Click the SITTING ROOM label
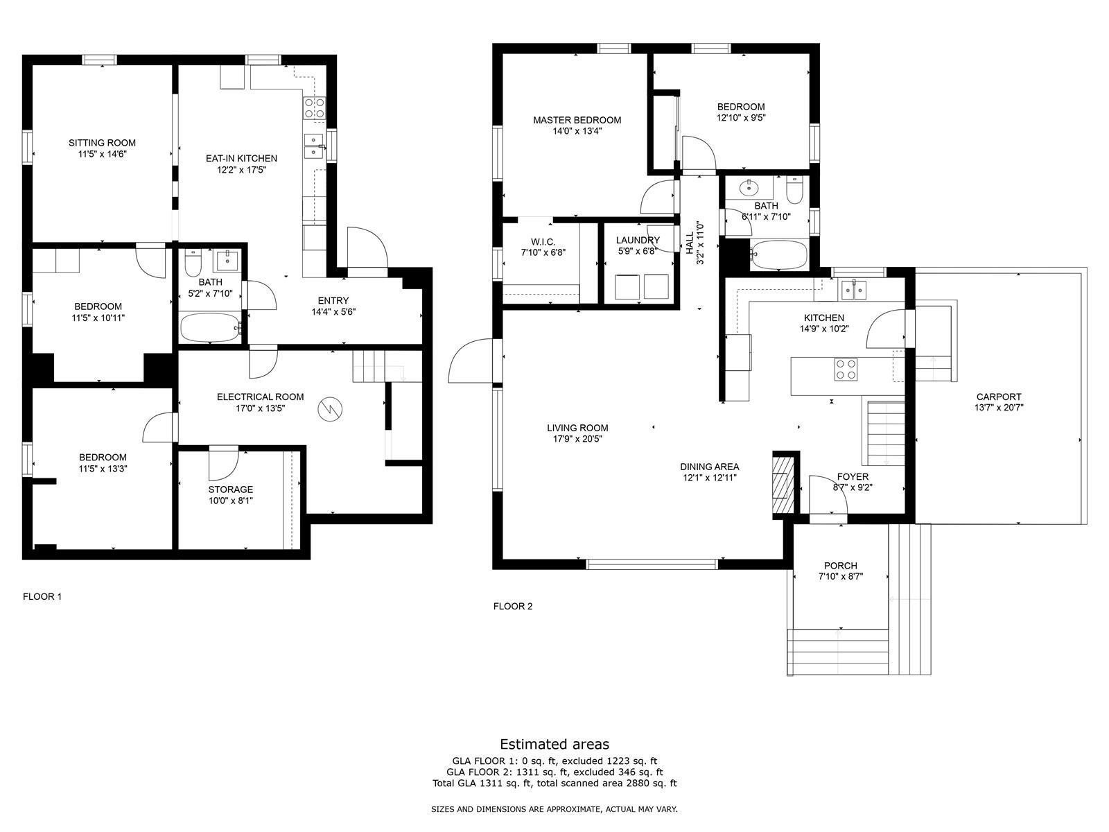click(x=102, y=143)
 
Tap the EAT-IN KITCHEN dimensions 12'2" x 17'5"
click(x=241, y=170)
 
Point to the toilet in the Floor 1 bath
click(x=193, y=261)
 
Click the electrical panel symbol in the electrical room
click(x=331, y=408)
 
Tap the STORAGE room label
click(x=231, y=489)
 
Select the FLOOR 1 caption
click(x=42, y=596)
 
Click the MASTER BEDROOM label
click(x=577, y=120)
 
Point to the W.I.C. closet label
click(x=543, y=241)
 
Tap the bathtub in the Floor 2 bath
click(x=778, y=254)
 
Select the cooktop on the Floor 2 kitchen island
click(x=846, y=369)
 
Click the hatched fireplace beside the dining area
click(x=780, y=485)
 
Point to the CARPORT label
click(x=999, y=397)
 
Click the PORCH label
click(x=841, y=566)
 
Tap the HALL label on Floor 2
click(x=690, y=243)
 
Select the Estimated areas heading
click(x=554, y=744)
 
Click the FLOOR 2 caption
click(x=513, y=606)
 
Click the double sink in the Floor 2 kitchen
click(x=853, y=290)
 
